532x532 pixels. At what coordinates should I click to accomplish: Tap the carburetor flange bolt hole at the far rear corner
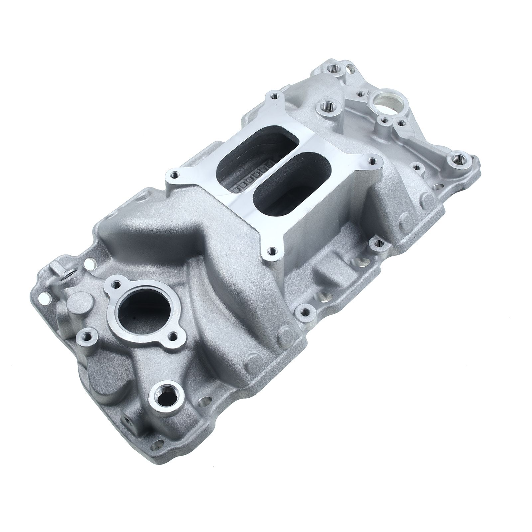(x=275, y=96)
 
